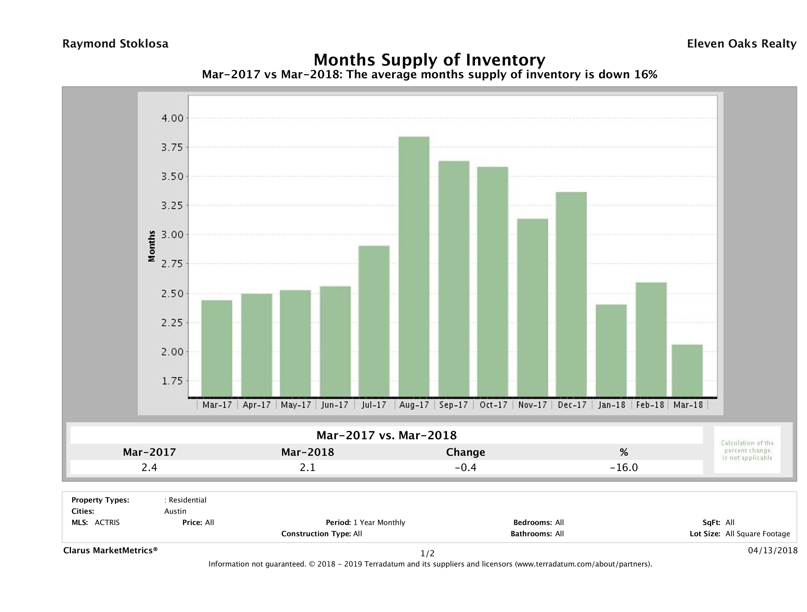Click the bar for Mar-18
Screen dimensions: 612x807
pyautogui.click(x=687, y=370)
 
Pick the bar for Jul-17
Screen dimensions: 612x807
pyautogui.click(x=374, y=321)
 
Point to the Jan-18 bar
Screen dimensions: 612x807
pyautogui.click(x=611, y=350)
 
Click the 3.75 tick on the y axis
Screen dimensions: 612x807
pyautogui.click(x=172, y=147)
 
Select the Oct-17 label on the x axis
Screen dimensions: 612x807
pyautogui.click(x=493, y=405)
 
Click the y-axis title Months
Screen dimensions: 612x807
pyautogui.click(x=152, y=246)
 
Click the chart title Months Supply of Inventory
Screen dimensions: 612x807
pyautogui.click(x=429, y=60)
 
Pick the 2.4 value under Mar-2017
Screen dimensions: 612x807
pyautogui.click(x=149, y=467)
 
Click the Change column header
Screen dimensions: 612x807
pyautogui.click(x=466, y=452)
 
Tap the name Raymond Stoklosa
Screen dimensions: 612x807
pyautogui.click(x=115, y=44)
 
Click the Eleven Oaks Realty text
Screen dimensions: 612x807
pyautogui.click(x=741, y=44)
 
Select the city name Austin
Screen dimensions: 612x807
pyautogui.click(x=175, y=511)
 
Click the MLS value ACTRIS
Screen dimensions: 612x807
pyautogui.click(x=107, y=523)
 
